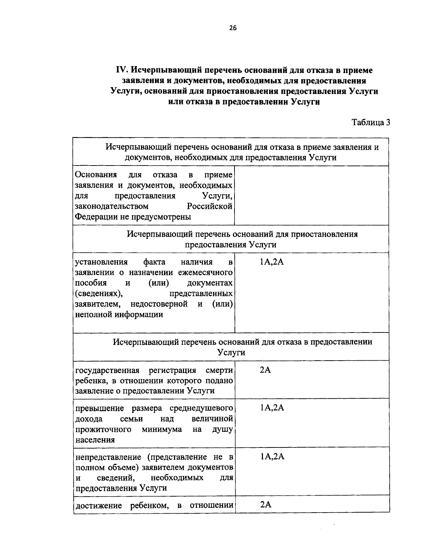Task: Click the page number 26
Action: pos(233,28)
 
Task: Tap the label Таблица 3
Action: pos(371,122)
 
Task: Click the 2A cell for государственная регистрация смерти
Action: pos(265,370)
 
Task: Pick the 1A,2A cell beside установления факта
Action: pos(272,262)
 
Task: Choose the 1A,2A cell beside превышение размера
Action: pos(272,408)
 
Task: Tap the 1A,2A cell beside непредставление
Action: pos(272,457)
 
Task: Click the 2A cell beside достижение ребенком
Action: pos(265,505)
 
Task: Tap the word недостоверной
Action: pos(159,304)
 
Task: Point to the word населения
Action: pos(95,440)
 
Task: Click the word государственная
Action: pos(107,370)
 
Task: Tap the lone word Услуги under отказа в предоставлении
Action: pos(231,353)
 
